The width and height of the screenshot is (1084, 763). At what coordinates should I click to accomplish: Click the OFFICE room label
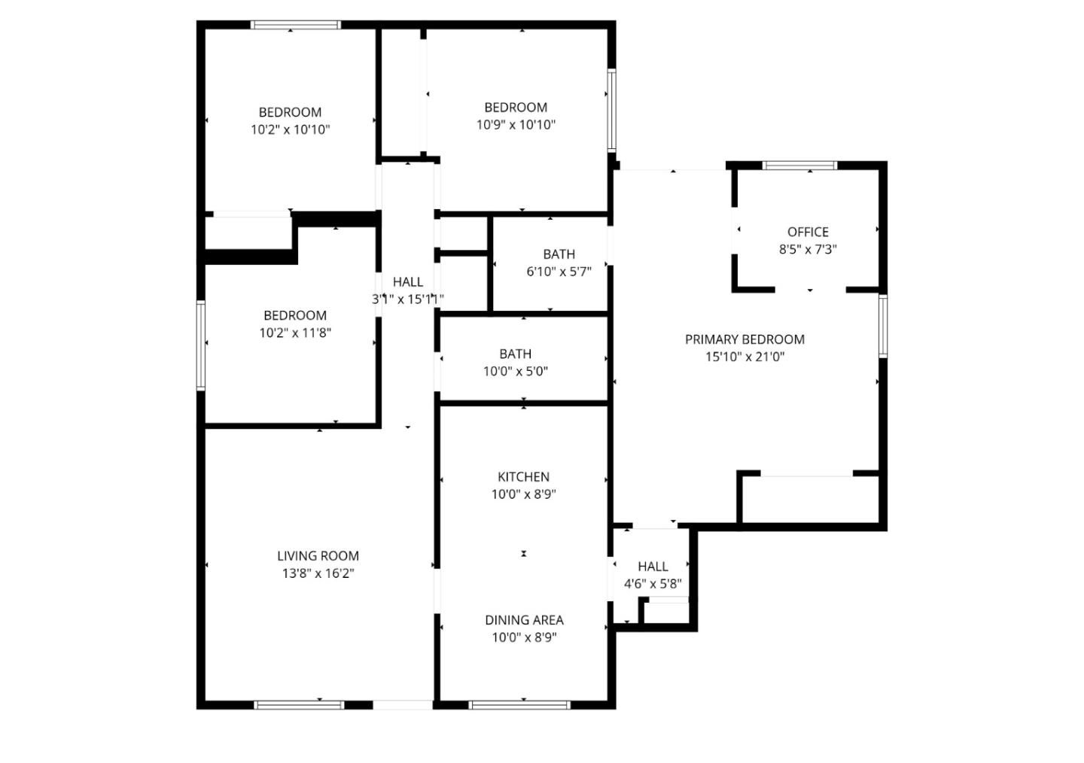[808, 232]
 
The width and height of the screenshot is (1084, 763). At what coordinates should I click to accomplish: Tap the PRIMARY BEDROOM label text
[744, 339]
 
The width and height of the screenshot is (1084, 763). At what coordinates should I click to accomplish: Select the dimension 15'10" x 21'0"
[744, 357]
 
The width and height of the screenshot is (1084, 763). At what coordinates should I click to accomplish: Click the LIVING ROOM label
[318, 556]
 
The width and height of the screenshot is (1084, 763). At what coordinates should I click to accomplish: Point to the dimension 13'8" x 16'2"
[318, 573]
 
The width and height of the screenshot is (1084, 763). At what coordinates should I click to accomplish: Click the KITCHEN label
[523, 477]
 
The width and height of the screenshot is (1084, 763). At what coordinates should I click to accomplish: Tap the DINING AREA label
[524, 620]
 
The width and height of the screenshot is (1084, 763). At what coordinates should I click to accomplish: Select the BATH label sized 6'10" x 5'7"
[559, 254]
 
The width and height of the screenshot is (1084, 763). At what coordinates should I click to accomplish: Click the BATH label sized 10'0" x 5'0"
[515, 354]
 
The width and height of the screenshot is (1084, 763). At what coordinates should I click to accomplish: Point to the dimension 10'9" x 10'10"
[516, 125]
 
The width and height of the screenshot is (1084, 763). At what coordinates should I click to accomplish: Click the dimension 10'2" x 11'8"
[295, 333]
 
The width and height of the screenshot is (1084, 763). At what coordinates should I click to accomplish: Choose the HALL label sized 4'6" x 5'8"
[653, 567]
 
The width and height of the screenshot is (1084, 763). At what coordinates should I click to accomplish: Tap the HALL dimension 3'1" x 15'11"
[408, 299]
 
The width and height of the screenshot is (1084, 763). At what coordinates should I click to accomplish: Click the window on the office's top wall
[799, 166]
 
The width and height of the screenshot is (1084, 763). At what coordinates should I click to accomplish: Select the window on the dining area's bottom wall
[519, 705]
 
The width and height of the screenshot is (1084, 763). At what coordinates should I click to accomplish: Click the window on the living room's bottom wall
[299, 705]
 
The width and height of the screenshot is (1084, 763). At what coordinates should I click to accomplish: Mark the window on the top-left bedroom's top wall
[295, 25]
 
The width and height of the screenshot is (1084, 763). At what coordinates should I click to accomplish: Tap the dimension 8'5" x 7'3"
[808, 249]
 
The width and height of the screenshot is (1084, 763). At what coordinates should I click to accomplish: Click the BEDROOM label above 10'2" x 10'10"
[290, 112]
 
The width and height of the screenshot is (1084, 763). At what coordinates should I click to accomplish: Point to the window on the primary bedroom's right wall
[883, 326]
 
